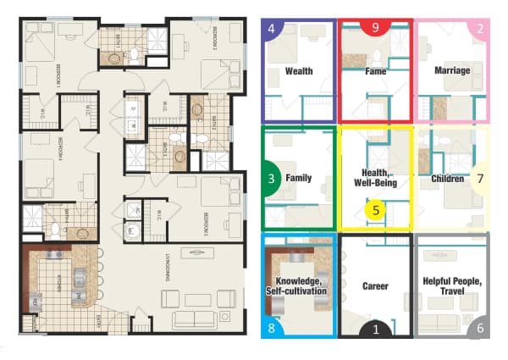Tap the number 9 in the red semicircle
pos(375,27)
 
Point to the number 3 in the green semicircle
pos(271,179)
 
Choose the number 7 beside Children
pos(480,179)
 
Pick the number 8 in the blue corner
pos(271,329)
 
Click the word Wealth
pos(299,71)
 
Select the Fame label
pos(376,71)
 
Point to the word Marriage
pos(452,71)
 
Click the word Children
pos(447,179)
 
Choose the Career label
pos(374,286)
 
